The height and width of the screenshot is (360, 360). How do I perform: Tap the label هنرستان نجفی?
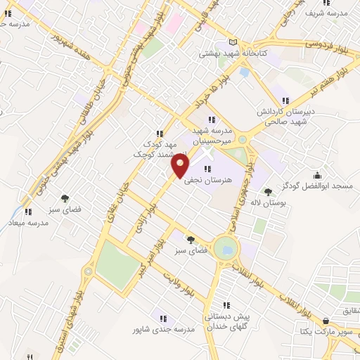coord(207,180)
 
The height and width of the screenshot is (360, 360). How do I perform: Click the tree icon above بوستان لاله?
coord(267,191)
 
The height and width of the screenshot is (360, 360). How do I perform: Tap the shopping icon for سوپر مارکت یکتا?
coord(325,320)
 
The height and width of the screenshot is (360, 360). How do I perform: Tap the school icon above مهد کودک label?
coord(160,134)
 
